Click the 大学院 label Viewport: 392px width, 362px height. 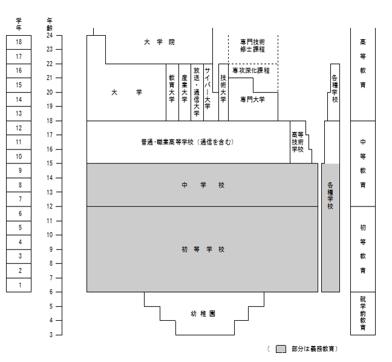pyautogui.click(x=159, y=42)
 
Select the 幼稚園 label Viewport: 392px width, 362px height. pyautogui.click(x=203, y=314)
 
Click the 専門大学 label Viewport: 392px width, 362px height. pyautogui.click(x=252, y=100)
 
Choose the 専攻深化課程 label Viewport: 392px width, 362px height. pyautogui.click(x=251, y=70)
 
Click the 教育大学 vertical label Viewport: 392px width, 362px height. pyautogui.click(x=172, y=90)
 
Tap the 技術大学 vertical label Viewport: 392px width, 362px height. pyautogui.click(x=223, y=90)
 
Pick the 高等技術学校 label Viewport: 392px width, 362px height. pyautogui.click(x=297, y=142)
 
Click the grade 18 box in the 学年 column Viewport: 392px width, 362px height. pyautogui.click(x=19, y=42)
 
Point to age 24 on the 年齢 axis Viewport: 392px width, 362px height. pyautogui.click(x=49, y=35)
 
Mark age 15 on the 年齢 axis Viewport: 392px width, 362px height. pyautogui.click(x=49, y=163)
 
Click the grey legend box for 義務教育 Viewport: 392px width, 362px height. pyautogui.click(x=280, y=349)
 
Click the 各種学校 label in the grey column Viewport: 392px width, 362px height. pyautogui.click(x=330, y=196)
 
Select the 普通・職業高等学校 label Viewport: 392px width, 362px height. pyautogui.click(x=187, y=142)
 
